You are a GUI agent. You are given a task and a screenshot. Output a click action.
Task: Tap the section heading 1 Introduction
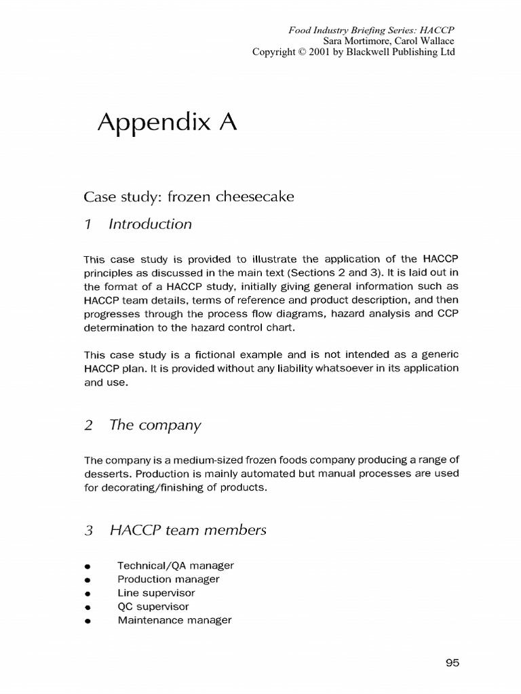pos(138,224)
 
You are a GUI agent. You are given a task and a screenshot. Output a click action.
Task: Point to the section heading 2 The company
pos(142,426)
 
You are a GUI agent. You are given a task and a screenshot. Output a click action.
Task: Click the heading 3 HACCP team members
pos(175,530)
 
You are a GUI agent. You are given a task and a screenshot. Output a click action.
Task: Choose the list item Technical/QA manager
pos(176,565)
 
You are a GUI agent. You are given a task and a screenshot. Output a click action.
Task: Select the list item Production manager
pos(168,579)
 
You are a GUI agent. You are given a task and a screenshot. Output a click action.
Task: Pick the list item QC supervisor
pos(153,606)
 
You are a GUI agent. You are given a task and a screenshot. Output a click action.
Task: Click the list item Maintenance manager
pos(174,619)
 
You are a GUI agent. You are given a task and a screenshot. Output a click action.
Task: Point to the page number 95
pos(453,664)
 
